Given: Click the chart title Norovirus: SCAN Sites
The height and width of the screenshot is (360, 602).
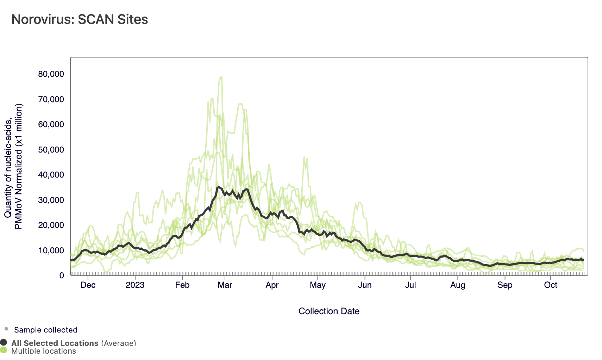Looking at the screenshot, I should tap(80, 19).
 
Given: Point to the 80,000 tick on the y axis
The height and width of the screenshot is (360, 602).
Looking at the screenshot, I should tap(51, 74).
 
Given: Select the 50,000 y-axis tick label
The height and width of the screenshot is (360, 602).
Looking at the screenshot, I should tap(51, 150).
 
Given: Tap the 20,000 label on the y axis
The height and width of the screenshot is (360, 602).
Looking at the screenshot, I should tap(51, 225).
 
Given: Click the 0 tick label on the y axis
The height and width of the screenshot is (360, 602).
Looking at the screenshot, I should tap(62, 275).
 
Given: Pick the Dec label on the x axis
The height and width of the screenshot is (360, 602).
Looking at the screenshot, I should tap(88, 285).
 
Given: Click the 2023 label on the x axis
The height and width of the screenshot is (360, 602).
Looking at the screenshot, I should tap(135, 285).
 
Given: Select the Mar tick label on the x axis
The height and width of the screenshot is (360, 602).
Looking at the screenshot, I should tap(225, 285).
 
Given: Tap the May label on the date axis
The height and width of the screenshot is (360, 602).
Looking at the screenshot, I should tap(318, 285).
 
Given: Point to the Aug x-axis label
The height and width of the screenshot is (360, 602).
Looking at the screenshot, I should tap(457, 285).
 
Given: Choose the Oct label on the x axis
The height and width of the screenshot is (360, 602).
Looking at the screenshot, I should tap(551, 285).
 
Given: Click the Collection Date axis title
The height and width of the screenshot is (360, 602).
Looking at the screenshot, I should tap(329, 311).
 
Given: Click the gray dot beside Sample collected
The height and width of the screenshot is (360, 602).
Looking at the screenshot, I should tap(6, 329).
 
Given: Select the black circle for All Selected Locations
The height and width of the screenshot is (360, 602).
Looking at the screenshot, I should tap(4, 342).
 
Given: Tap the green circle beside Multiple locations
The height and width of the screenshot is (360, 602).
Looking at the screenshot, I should tap(4, 350).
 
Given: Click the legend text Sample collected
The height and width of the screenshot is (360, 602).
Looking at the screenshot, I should tap(46, 330).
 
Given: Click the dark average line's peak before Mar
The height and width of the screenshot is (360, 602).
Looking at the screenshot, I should tap(219, 187).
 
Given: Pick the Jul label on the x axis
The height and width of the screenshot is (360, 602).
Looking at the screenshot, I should tap(410, 285).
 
